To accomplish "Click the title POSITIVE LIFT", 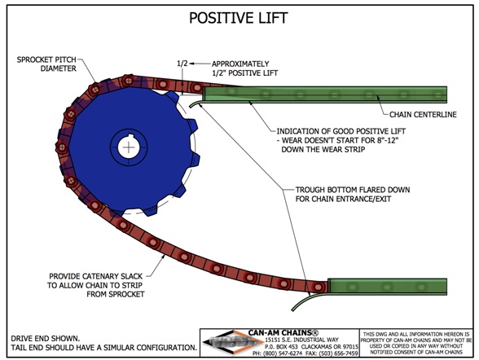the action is (238, 18).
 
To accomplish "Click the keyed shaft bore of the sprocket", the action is (129, 147).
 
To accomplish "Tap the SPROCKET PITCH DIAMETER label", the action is (46, 64).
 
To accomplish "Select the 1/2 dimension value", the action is (182, 64).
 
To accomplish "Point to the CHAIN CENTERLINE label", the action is (423, 115).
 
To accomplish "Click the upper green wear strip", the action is (324, 94).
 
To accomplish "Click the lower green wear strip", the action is (388, 287).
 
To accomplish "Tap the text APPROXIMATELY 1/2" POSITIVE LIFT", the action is (244, 68).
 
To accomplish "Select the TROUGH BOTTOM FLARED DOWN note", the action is (353, 194).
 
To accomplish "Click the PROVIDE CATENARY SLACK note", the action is (96, 285).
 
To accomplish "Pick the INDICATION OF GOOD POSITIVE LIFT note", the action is (341, 140).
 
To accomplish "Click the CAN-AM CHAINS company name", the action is (283, 332).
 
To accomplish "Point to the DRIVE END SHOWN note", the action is (46, 338).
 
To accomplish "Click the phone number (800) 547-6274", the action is (281, 353).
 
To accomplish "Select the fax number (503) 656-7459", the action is (339, 353).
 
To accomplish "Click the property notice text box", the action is (416, 343).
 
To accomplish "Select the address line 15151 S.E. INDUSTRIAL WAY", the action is (301, 340).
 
